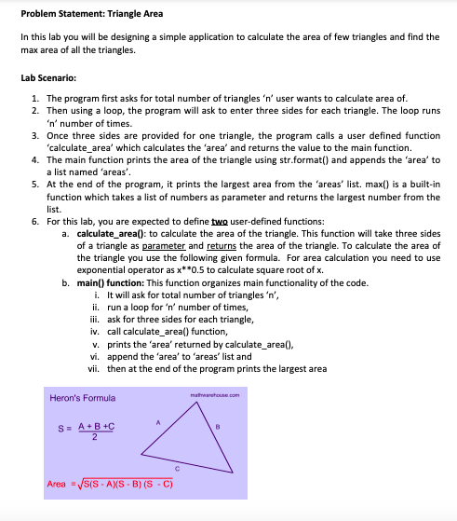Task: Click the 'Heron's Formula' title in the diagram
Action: (x=82, y=398)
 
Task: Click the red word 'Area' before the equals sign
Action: (x=56, y=485)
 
